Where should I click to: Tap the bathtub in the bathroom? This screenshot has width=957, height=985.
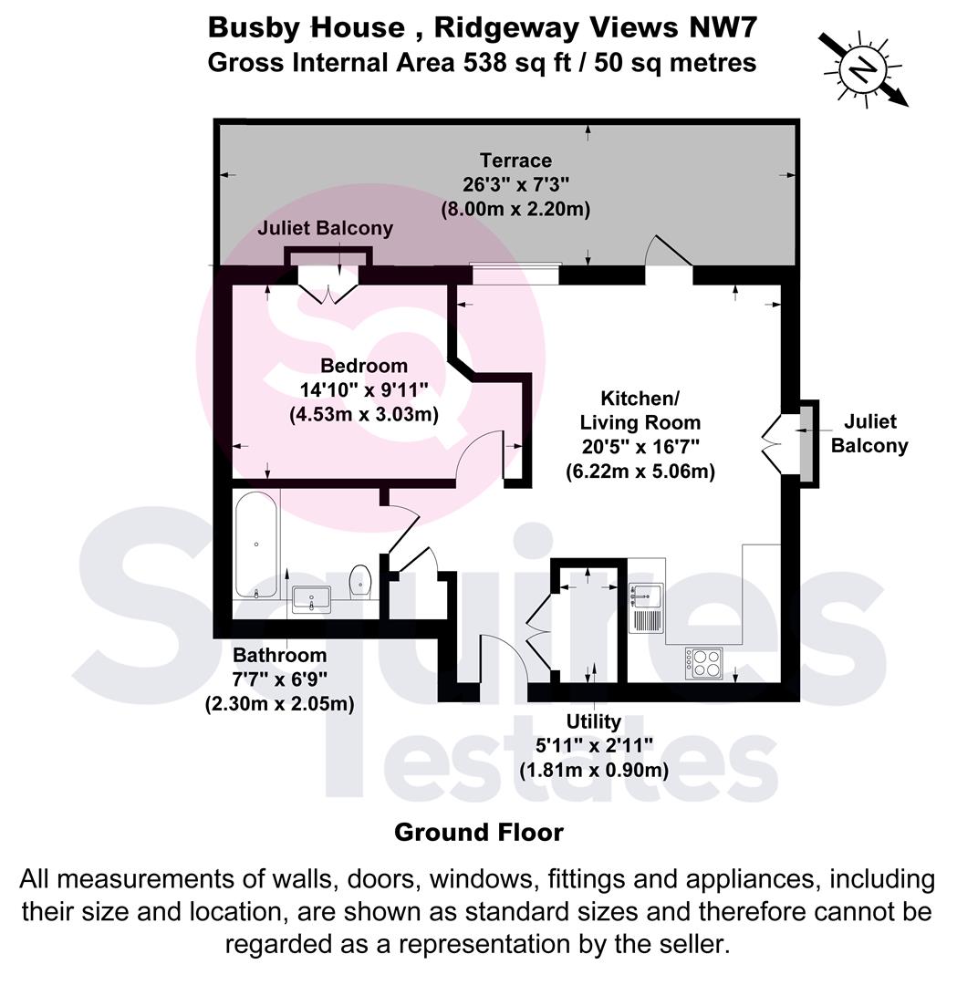(255, 544)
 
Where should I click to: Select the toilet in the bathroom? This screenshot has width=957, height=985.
(360, 580)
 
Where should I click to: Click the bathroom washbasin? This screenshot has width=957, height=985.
(312, 598)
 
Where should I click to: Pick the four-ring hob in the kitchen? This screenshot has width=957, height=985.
(703, 663)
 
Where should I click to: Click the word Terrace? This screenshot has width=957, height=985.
(515, 161)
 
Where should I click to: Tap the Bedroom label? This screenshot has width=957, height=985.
(364, 366)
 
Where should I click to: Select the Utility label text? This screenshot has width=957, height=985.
(593, 721)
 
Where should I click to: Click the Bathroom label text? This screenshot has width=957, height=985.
(280, 655)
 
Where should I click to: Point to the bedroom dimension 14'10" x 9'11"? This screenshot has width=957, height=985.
(364, 389)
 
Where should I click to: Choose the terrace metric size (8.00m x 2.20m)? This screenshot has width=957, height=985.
(515, 209)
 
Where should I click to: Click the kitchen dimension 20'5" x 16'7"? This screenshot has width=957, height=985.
(640, 447)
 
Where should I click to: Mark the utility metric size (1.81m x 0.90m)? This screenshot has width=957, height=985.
(594, 770)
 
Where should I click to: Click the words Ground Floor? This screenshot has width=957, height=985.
(479, 833)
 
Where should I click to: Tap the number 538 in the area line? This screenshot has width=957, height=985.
(484, 63)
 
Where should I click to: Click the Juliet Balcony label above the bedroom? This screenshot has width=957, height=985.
(325, 228)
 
